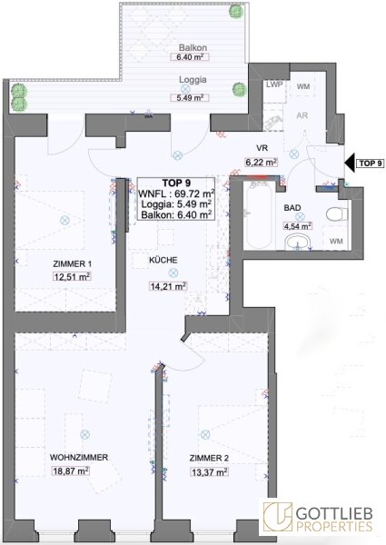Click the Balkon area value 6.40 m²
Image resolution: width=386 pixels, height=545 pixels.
(x=190, y=57)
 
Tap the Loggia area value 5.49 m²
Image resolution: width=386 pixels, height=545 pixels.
(x=190, y=98)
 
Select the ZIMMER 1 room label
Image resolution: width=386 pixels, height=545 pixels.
(x=73, y=264)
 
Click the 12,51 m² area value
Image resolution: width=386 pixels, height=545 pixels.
(x=73, y=277)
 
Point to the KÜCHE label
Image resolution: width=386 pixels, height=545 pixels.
(x=163, y=260)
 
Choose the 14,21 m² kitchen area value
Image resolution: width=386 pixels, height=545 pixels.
(x=168, y=286)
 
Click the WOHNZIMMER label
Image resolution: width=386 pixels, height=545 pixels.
(x=79, y=458)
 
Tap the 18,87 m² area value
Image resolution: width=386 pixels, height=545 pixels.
(x=71, y=471)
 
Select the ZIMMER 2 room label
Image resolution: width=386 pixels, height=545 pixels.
(x=209, y=459)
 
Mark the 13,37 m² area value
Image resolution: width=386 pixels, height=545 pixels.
(x=209, y=472)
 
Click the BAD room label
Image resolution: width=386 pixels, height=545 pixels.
(x=292, y=208)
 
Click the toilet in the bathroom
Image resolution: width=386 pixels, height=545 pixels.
(x=337, y=213)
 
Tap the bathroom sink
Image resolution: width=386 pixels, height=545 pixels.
(x=299, y=242)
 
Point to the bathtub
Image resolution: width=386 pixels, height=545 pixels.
(x=259, y=214)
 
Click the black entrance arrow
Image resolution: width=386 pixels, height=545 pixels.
(x=350, y=163)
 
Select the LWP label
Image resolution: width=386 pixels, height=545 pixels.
(x=274, y=84)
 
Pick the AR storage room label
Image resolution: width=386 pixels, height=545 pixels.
(x=302, y=115)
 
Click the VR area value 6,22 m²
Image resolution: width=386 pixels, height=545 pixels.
(x=261, y=162)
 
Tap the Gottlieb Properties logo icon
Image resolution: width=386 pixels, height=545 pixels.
(x=278, y=517)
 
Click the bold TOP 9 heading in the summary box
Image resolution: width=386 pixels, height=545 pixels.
(x=176, y=183)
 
